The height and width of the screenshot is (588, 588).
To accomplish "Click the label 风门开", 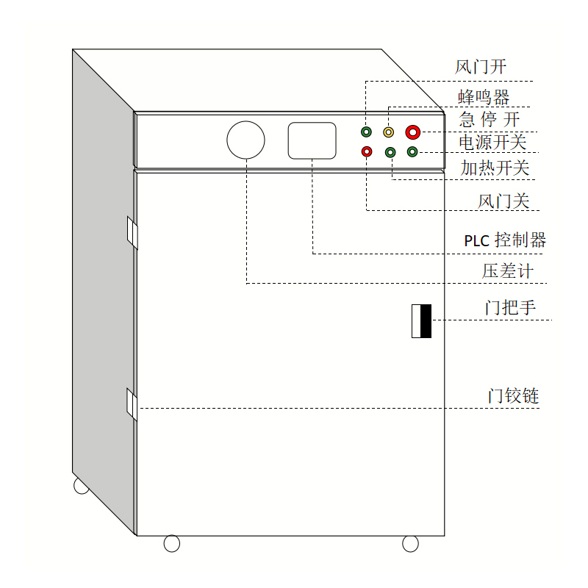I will (481, 68).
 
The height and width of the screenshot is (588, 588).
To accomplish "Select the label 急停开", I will (490, 119).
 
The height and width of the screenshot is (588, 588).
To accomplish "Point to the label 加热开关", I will (495, 168).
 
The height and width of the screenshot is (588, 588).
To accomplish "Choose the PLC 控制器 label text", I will (505, 240).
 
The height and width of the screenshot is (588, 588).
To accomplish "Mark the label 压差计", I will (508, 271).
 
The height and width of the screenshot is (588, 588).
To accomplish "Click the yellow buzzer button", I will (389, 132).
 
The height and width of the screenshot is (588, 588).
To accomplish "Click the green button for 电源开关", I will (412, 151).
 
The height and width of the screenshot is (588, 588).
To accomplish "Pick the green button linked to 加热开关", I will (390, 152).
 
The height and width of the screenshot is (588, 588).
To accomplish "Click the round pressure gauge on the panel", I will (245, 140).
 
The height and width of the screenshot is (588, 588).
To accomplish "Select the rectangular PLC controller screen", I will (312, 140).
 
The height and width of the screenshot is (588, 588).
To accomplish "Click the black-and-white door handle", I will (421, 320).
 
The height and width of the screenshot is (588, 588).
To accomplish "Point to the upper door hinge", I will (132, 233).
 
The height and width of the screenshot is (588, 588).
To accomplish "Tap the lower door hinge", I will (132, 404).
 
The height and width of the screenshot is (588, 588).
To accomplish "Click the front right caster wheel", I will (410, 543).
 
